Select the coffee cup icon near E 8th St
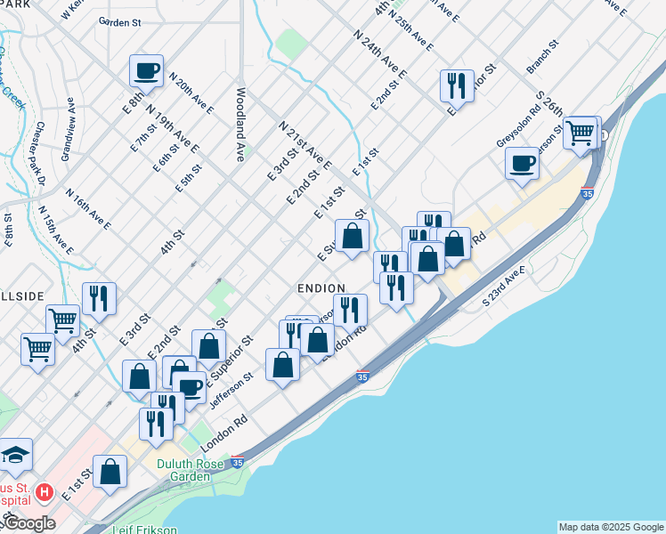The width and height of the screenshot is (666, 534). pyautogui.click(x=146, y=71)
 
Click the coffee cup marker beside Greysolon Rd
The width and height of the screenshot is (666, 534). pyautogui.click(x=522, y=163)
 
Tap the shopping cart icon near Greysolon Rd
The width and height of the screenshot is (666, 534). pyautogui.click(x=581, y=133)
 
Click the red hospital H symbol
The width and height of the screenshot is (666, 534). pyautogui.click(x=44, y=492)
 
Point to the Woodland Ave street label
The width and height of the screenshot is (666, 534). pyautogui.click(x=240, y=124)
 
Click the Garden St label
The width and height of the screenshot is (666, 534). pyautogui.click(x=120, y=20)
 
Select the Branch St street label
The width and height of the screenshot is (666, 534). pyautogui.click(x=541, y=55)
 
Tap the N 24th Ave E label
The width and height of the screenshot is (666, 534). pyautogui.click(x=379, y=56)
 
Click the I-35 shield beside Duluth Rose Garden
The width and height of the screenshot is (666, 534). pyautogui.click(x=237, y=463)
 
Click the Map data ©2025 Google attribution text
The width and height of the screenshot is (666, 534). pyautogui.click(x=611, y=527)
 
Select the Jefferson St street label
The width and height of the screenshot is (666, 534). pyautogui.click(x=231, y=391)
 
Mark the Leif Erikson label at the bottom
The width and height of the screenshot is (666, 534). pyautogui.click(x=145, y=530)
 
